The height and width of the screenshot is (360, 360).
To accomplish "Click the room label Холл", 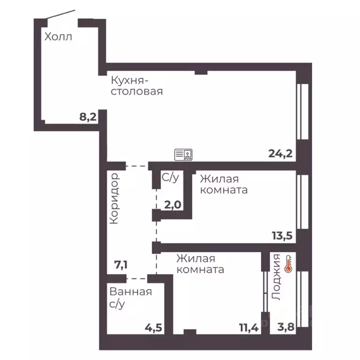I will pyautogui.click(x=59, y=37).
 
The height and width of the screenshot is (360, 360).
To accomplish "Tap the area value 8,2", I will pyautogui.click(x=88, y=117).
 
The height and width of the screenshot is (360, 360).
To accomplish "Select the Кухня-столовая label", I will pyautogui.click(x=136, y=86).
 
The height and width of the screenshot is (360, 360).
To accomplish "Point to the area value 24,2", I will pyautogui.click(x=280, y=153).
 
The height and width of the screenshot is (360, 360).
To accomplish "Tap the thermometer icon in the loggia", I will pyautogui.click(x=288, y=264).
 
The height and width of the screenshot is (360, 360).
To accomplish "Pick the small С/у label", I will pyautogui.click(x=170, y=177).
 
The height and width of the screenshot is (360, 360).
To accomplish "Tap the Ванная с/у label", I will pyautogui.click(x=130, y=298).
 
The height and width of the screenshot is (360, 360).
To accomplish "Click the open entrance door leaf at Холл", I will pyautogui.click(x=61, y=15).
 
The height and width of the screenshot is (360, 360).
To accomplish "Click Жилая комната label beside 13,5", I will pyautogui.click(x=224, y=185).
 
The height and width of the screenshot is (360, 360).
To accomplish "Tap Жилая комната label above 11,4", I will pyautogui.click(x=200, y=264).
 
